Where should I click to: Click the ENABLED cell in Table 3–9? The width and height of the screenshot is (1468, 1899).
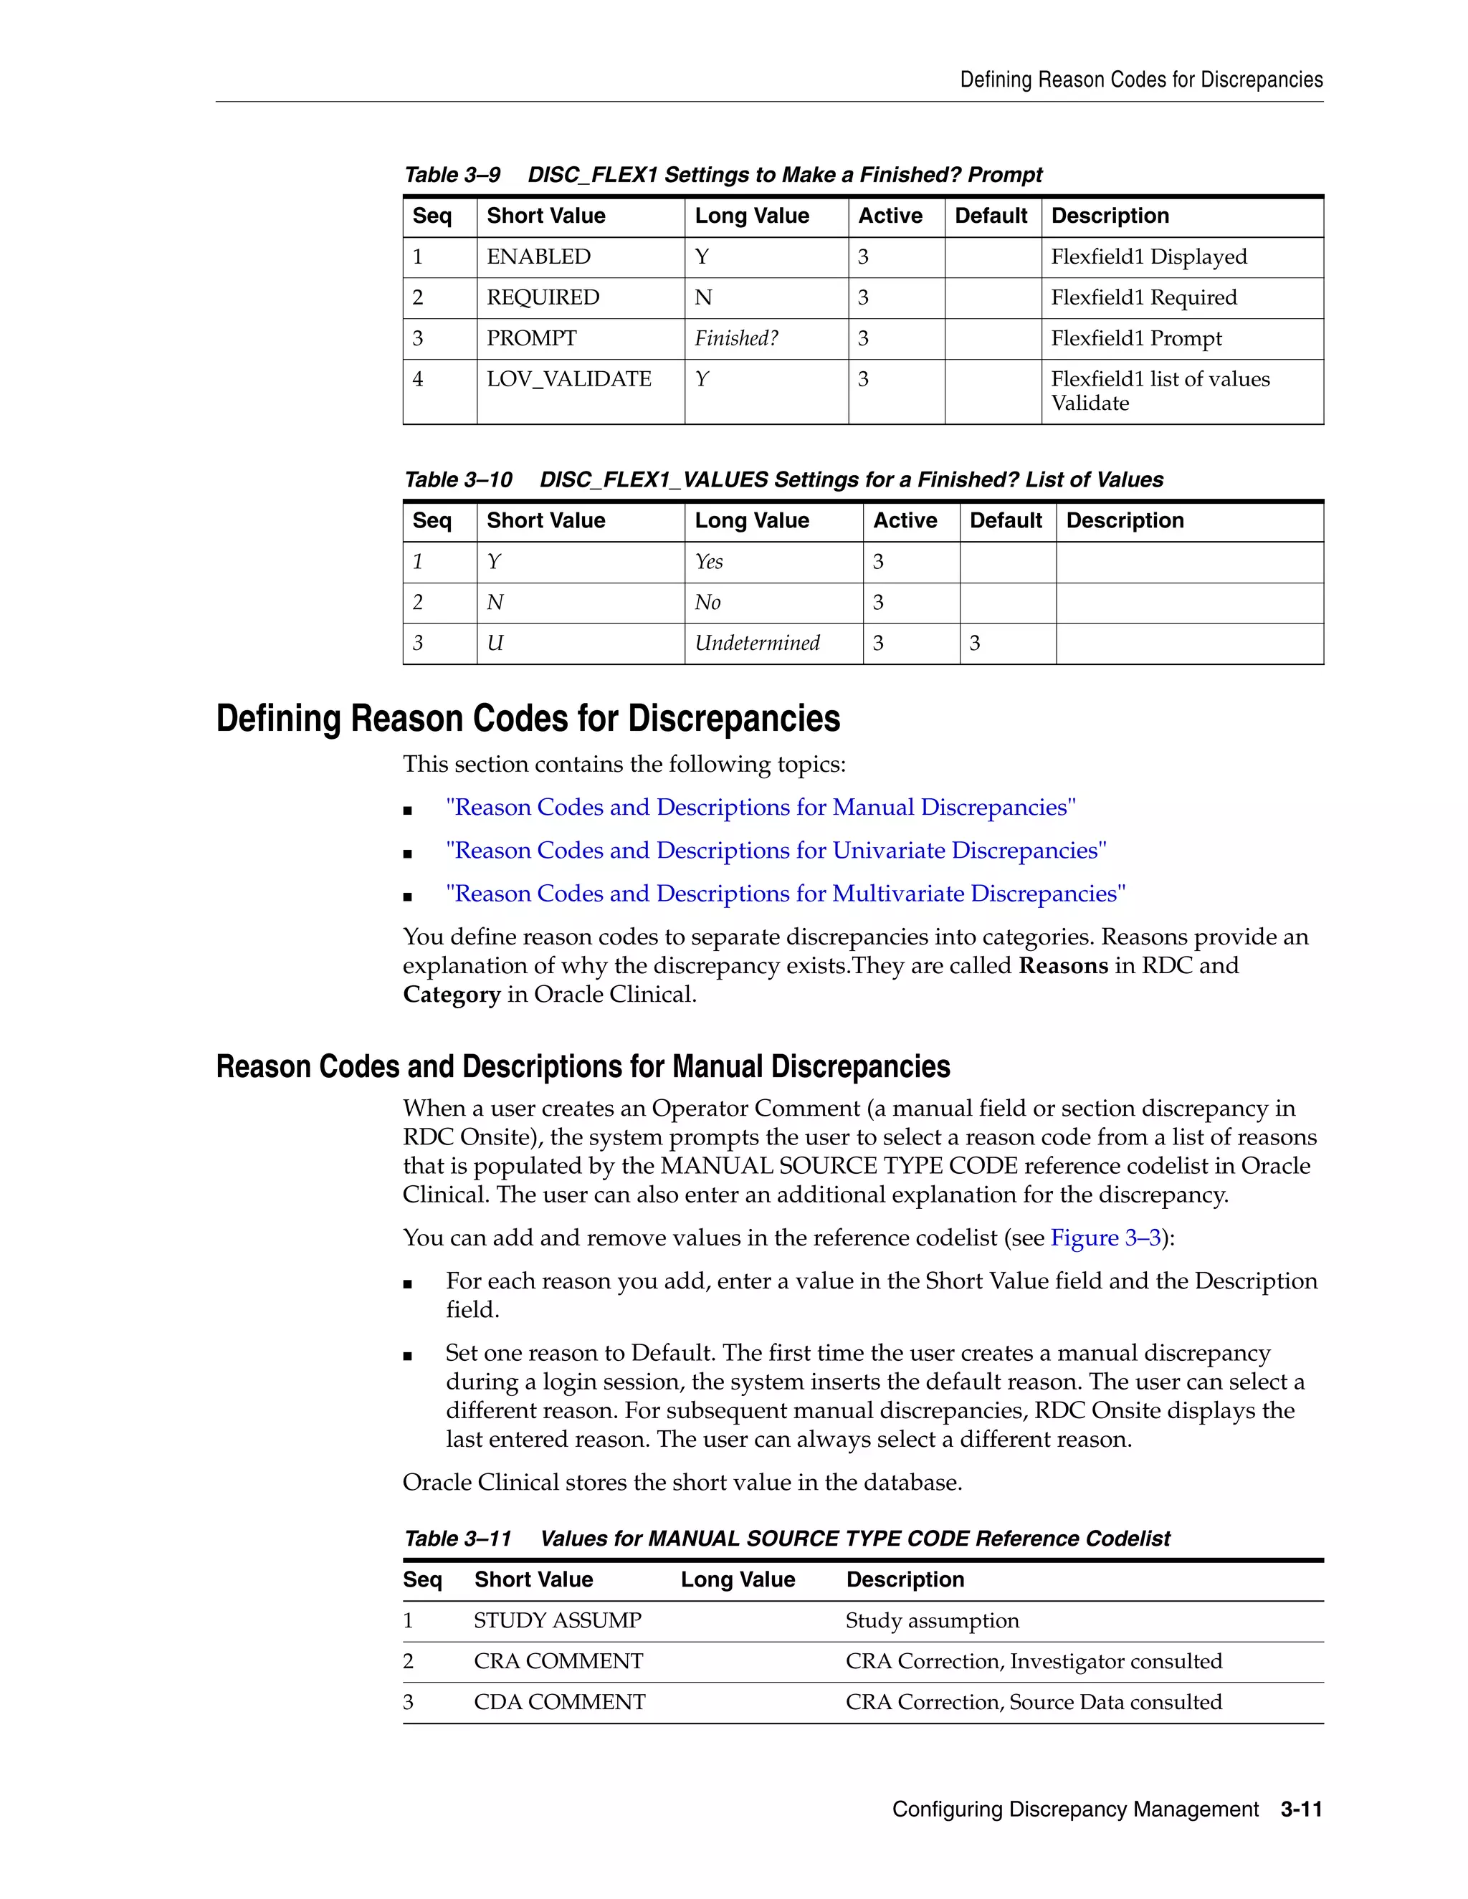[x=538, y=257]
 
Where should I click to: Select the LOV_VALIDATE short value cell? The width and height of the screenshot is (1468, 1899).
[x=568, y=379]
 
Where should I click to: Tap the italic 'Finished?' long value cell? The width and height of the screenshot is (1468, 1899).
[x=735, y=338]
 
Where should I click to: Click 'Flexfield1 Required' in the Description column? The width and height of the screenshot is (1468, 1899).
[x=1143, y=297]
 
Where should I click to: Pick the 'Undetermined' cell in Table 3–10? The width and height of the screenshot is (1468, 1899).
[x=757, y=644]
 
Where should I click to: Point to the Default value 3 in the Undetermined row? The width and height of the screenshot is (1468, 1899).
[x=975, y=644]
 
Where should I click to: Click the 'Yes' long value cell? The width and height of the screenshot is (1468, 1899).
[x=709, y=562]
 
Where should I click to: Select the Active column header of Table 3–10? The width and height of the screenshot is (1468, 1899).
[x=905, y=521]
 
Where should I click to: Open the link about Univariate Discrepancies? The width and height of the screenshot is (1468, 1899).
[x=776, y=851]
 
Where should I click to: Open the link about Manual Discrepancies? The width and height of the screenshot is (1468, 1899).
[x=760, y=808]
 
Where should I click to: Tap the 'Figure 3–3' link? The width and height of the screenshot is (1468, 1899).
[x=1105, y=1238]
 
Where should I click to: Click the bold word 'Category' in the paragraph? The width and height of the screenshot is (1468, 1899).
[x=452, y=995]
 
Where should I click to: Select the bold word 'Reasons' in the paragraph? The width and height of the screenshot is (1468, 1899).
[x=1063, y=966]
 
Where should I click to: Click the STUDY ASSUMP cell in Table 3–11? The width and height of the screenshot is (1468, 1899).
[x=558, y=1621]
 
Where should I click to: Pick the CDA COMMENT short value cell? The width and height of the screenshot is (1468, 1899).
[x=559, y=1703]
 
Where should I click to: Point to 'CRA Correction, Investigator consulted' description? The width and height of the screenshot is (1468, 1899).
[x=1033, y=1662]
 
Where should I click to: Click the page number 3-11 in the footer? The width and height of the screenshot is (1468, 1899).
[x=1301, y=1809]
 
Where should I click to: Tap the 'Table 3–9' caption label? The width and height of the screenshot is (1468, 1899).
[x=452, y=175]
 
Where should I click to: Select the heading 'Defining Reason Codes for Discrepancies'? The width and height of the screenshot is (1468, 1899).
[x=528, y=719]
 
